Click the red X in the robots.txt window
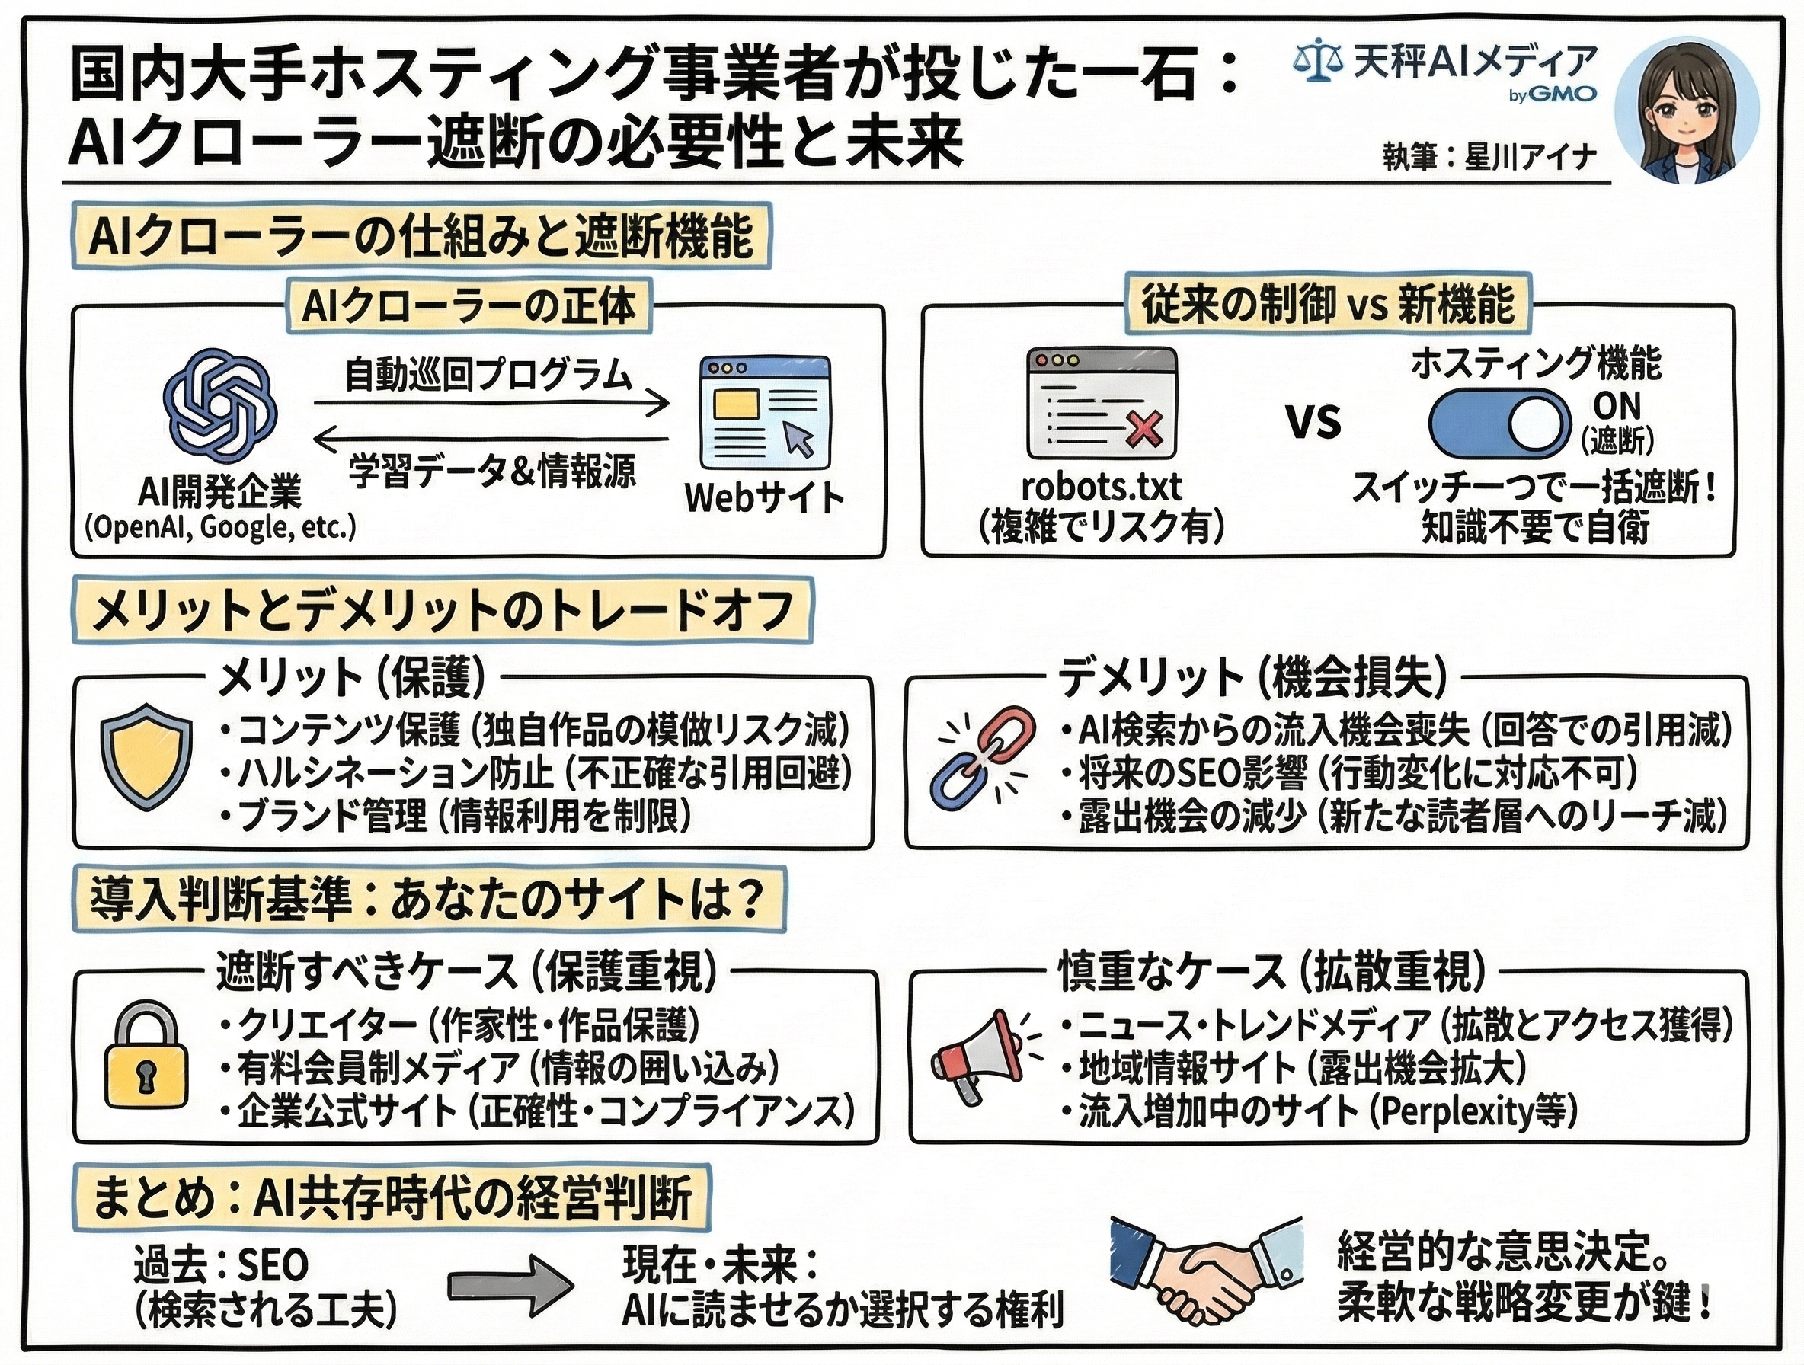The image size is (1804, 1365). tap(1143, 429)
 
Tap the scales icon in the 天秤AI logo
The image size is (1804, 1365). tap(1318, 63)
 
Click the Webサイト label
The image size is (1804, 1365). tap(764, 497)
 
